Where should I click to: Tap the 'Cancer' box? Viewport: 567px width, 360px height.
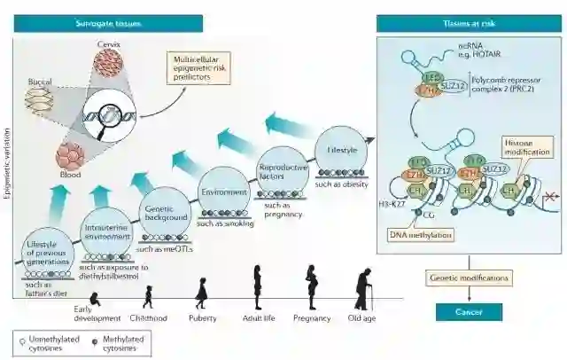point(468,311)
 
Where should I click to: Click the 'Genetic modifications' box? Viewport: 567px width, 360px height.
point(469,278)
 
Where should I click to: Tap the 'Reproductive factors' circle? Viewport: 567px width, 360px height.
point(283,173)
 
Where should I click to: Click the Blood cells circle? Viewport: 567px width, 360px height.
point(71,156)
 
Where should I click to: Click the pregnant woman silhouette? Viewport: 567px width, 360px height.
point(311,286)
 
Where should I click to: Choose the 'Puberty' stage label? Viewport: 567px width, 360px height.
point(203,318)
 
